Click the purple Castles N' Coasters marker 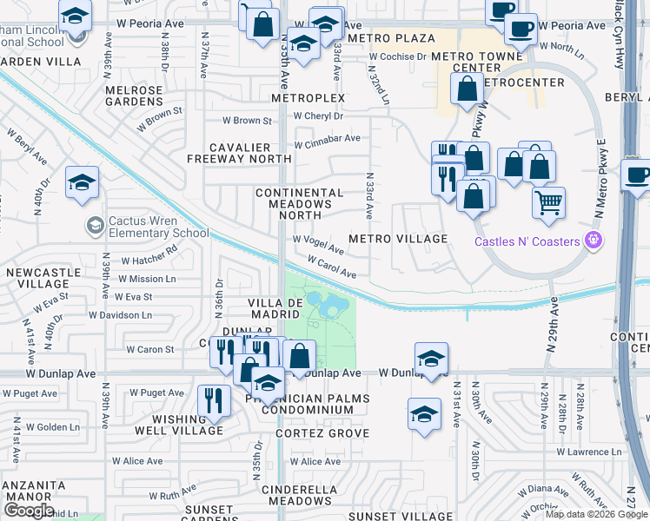(x=594, y=240)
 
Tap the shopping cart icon (x=548, y=203)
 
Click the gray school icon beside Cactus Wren (x=94, y=227)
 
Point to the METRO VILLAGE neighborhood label (x=398, y=239)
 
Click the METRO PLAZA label (x=391, y=39)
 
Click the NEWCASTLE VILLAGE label (x=37, y=279)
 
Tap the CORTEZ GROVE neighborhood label (x=322, y=433)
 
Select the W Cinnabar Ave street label (x=328, y=139)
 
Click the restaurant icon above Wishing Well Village (x=213, y=400)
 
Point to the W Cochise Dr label (x=397, y=56)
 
